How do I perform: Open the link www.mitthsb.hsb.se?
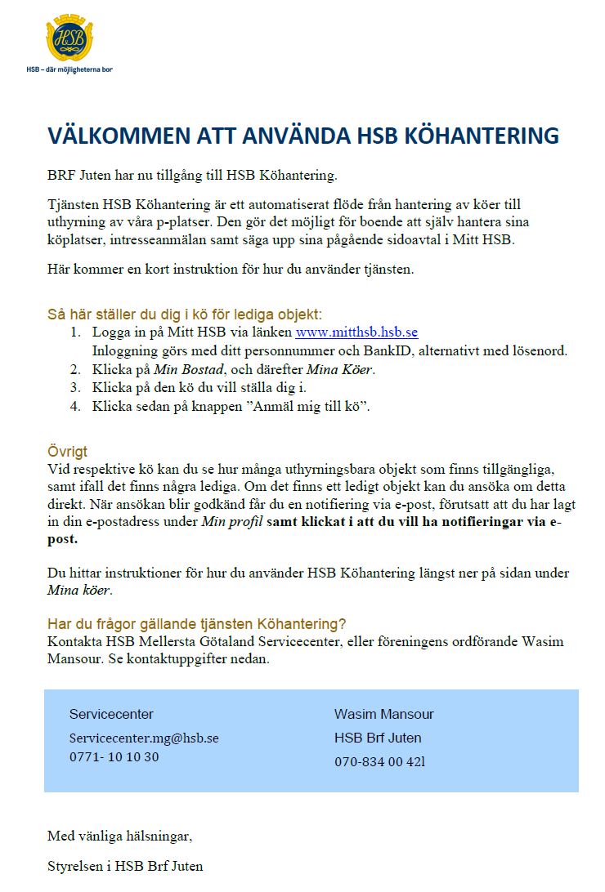click(356, 332)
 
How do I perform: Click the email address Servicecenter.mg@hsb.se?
click(144, 738)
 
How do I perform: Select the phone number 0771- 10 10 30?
click(114, 756)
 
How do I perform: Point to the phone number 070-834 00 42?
click(379, 761)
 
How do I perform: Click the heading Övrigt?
click(67, 452)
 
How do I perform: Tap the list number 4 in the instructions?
click(75, 406)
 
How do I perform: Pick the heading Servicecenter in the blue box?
click(111, 714)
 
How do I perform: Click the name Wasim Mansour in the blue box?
click(383, 714)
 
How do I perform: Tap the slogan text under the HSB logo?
click(69, 70)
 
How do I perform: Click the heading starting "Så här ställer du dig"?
click(184, 314)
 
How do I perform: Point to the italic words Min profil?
click(231, 522)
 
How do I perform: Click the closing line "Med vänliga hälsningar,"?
click(119, 836)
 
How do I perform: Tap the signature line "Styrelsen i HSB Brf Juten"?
click(125, 866)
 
